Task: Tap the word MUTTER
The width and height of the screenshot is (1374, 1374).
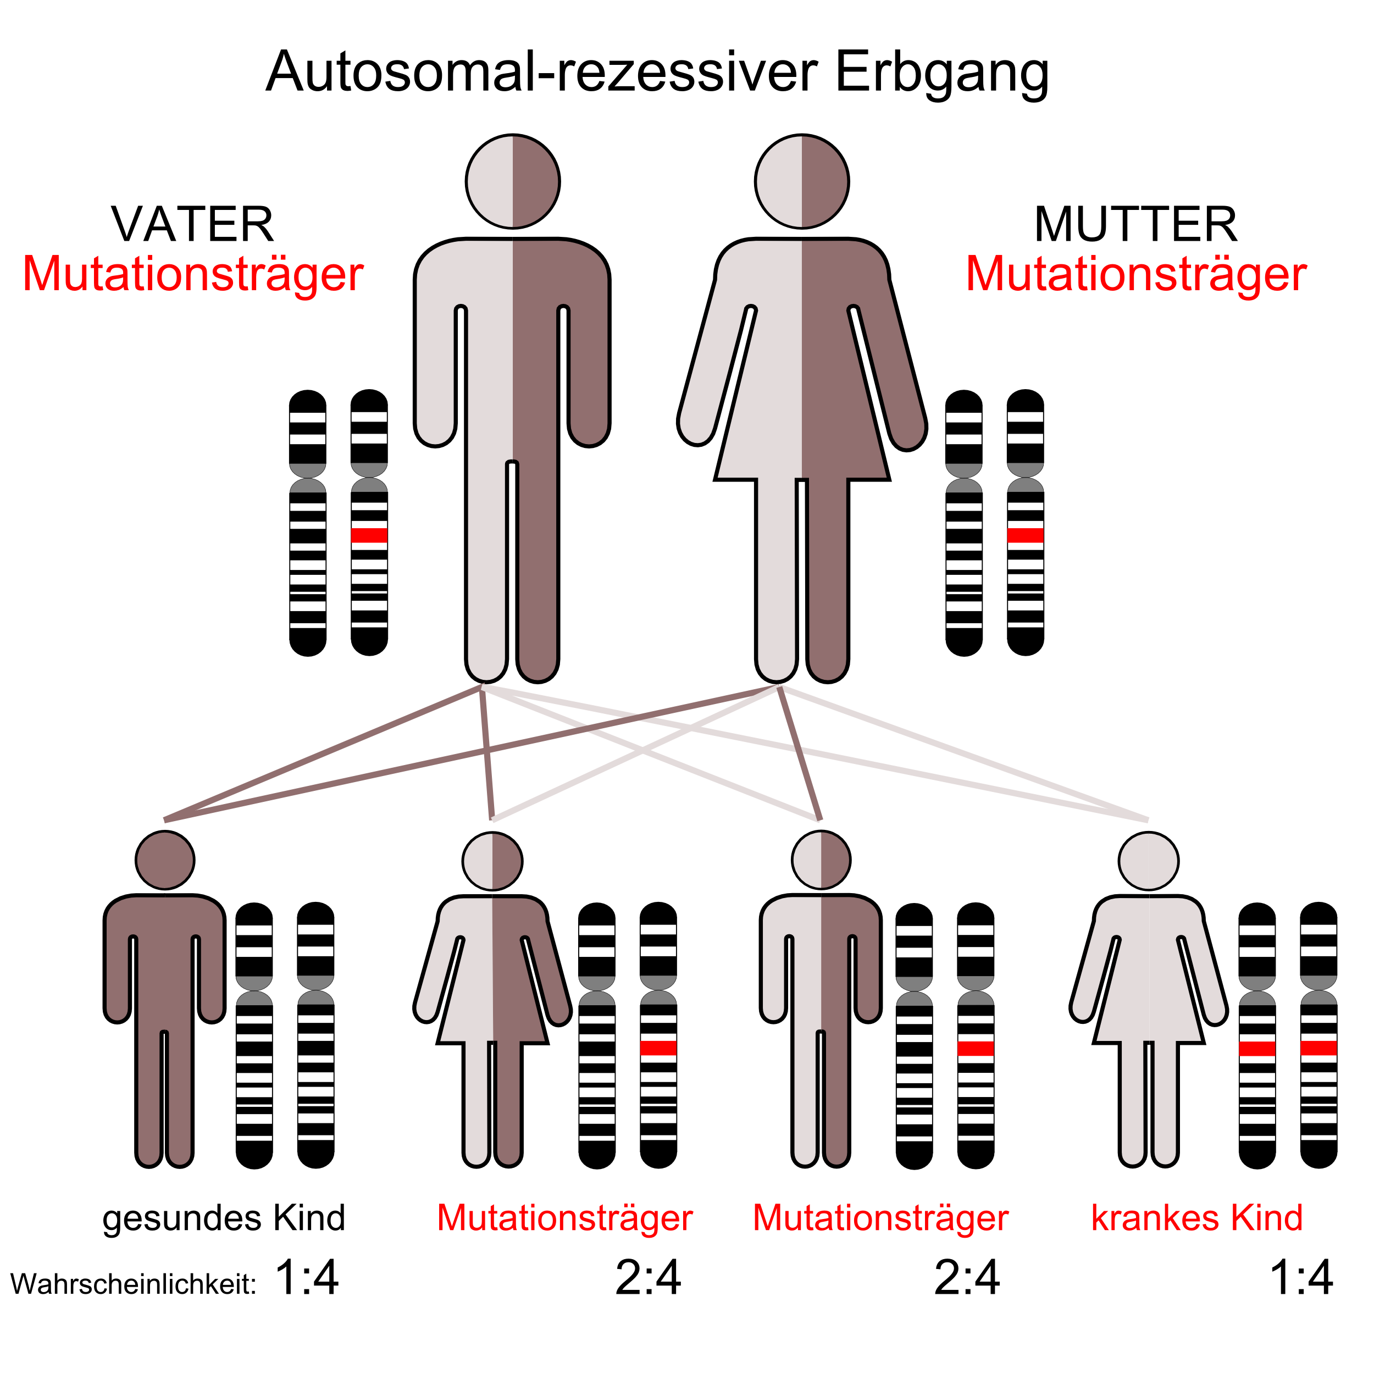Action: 1136,225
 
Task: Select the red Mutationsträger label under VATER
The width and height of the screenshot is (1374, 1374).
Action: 193,274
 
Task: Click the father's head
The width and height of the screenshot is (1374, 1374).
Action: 513,181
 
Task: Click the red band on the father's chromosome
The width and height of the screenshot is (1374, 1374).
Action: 369,535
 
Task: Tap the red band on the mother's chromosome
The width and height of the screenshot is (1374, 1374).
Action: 1025,535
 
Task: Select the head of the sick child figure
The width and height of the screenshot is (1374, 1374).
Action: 1148,861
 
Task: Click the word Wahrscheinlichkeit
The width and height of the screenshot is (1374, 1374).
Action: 133,1284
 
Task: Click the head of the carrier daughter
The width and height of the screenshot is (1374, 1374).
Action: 492,861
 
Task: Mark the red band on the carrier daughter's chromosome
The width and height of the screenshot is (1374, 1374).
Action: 658,1048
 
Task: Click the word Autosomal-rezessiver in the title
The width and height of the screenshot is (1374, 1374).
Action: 542,73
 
